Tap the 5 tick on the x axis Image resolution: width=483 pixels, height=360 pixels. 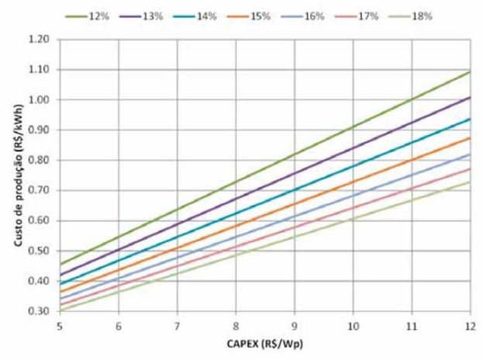(x=60, y=326)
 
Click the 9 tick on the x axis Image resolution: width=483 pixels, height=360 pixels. (x=295, y=326)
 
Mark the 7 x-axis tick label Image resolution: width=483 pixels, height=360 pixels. (x=178, y=326)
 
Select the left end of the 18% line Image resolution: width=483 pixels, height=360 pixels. (x=60, y=310)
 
